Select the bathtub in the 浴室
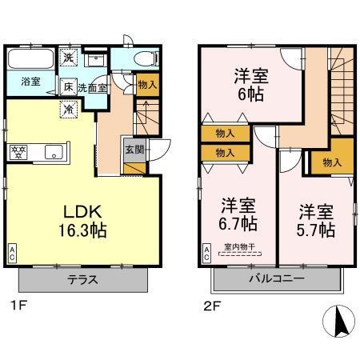(x=30, y=60)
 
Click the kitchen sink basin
(x=54, y=150)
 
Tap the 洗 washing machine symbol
(x=70, y=58)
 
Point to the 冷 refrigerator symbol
(x=70, y=110)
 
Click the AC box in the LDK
(x=13, y=254)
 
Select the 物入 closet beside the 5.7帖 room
(x=331, y=162)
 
